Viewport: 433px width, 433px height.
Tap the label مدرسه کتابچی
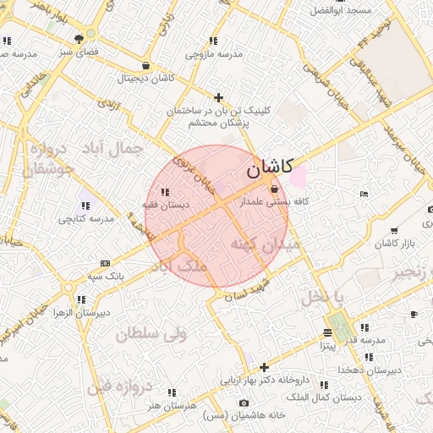click(82, 218)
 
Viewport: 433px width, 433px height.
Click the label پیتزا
click(326, 346)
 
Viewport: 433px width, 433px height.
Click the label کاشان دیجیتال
click(146, 78)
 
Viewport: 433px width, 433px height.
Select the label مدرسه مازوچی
click(215, 53)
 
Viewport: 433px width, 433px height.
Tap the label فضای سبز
click(79, 52)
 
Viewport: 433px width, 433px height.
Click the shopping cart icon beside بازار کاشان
click(394, 230)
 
